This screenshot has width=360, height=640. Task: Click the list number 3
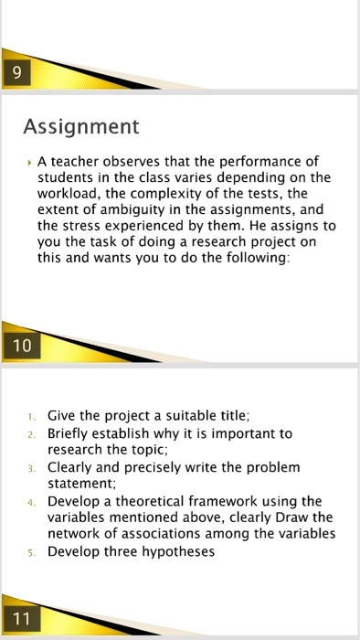32,468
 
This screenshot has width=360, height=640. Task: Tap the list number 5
32,552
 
